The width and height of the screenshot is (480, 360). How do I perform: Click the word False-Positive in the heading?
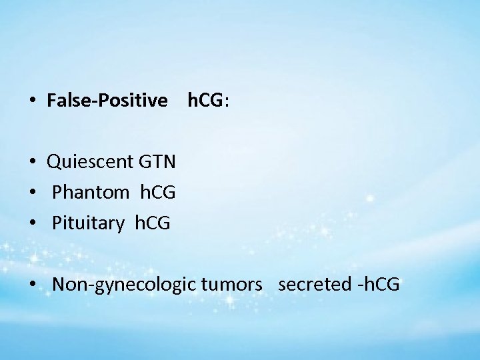[107, 101]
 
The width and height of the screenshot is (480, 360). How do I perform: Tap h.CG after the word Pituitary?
[152, 223]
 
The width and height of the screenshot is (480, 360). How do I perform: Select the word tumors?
[227, 285]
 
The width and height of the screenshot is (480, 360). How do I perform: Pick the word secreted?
[315, 285]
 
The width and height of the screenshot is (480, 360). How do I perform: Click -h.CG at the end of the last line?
[378, 285]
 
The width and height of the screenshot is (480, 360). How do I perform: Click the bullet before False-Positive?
[32, 101]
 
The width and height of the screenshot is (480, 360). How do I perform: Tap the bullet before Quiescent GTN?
[32, 161]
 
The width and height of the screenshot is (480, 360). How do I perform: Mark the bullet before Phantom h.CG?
[32, 193]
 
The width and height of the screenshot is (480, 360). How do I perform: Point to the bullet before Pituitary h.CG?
[32, 224]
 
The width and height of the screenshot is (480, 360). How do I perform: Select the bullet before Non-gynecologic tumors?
[32, 285]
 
